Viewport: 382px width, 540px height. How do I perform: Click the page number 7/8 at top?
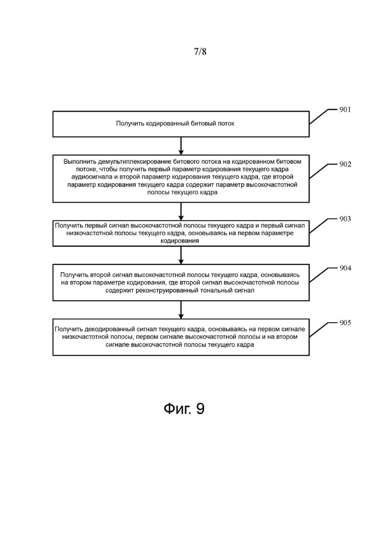tap(200, 52)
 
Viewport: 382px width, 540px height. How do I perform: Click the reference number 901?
tap(345, 110)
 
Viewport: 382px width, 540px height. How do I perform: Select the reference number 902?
tap(345, 164)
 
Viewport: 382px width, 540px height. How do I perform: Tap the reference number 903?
tap(345, 219)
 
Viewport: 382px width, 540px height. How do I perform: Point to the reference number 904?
tap(345, 268)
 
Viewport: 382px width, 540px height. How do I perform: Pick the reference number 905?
tap(345, 323)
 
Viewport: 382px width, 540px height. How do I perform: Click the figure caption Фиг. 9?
tap(184, 409)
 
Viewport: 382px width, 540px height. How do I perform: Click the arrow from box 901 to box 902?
tap(181, 146)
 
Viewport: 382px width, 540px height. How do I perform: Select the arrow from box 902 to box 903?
tap(181, 211)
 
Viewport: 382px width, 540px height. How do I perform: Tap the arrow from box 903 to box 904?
tap(181, 255)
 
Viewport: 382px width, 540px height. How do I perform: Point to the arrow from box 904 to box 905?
tap(181, 310)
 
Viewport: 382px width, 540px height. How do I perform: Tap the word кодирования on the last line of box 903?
tap(180, 241)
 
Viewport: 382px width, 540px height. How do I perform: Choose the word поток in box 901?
tap(226, 124)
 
